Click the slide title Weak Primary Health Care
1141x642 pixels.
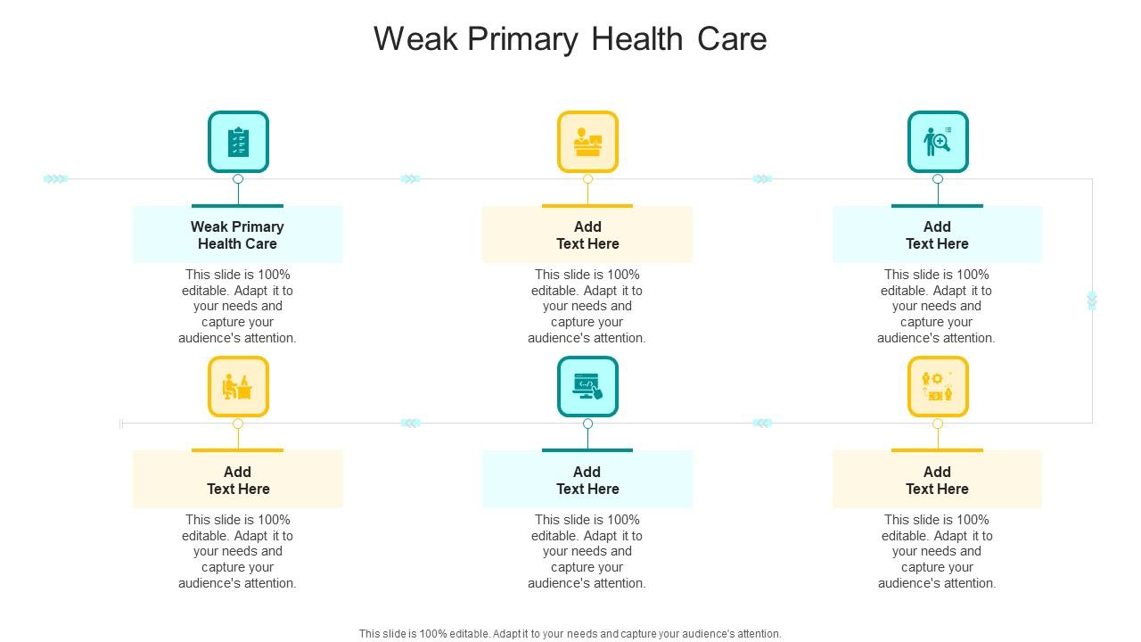click(570, 39)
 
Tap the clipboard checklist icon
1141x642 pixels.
click(238, 142)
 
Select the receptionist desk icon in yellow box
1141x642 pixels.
click(587, 142)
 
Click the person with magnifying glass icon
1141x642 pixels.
click(938, 142)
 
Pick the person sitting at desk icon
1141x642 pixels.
click(238, 387)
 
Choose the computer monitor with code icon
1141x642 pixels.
click(587, 387)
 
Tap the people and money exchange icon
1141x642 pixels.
click(938, 387)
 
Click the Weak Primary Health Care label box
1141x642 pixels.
click(238, 235)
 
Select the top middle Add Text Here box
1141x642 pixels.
click(587, 235)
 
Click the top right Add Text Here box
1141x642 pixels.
click(937, 235)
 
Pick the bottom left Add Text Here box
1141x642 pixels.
click(238, 480)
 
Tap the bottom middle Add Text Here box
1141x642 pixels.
click(587, 480)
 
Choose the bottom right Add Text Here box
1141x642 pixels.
click(937, 480)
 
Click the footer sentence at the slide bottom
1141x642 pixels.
click(570, 634)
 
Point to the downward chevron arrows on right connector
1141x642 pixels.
click(1092, 300)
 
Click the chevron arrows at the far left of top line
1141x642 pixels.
click(55, 179)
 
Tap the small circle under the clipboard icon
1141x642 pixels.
click(238, 179)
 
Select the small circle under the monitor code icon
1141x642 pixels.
click(587, 424)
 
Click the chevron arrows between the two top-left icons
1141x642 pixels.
click(410, 179)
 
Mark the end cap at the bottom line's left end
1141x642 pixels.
click(121, 424)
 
